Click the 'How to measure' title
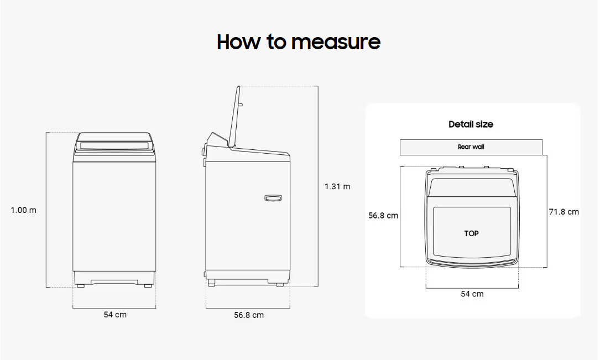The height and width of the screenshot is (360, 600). (x=299, y=41)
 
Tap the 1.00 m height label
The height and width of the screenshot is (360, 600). (x=24, y=210)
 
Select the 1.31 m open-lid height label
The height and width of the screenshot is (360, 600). (x=337, y=186)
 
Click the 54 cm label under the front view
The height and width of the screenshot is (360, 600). (x=115, y=315)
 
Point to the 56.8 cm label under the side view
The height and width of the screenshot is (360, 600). (x=249, y=315)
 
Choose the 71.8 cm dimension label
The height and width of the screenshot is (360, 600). (x=564, y=212)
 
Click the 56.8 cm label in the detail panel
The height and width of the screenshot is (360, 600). (x=383, y=215)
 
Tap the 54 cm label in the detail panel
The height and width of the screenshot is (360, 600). (x=472, y=294)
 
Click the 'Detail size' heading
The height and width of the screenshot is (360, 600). (x=471, y=124)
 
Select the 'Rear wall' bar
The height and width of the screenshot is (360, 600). (x=471, y=147)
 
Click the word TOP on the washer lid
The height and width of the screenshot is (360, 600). (x=471, y=233)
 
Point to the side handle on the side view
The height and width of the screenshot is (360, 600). (x=273, y=198)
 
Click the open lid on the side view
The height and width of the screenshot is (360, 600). (x=234, y=117)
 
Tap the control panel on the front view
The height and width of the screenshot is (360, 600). (x=114, y=146)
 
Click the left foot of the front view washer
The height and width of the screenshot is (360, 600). (x=81, y=285)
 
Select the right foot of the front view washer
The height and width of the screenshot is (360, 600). (x=148, y=285)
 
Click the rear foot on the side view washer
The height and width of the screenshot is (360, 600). (x=280, y=285)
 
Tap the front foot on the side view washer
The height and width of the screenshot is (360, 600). (x=211, y=283)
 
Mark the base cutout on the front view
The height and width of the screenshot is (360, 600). (x=114, y=282)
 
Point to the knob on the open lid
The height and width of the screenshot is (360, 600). (x=241, y=104)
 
